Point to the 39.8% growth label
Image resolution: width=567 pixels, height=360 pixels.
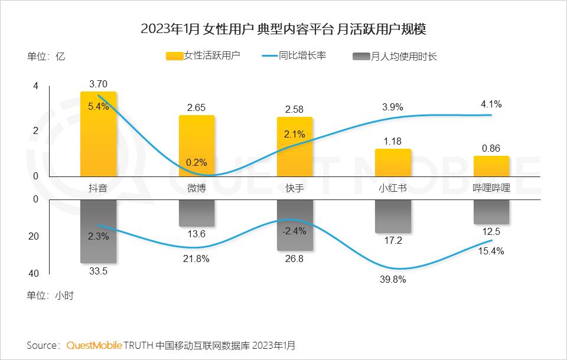[x=393, y=280]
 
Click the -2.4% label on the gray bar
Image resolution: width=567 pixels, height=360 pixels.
[x=295, y=231]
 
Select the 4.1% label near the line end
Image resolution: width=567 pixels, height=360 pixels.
[x=491, y=104]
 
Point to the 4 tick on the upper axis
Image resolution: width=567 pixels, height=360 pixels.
[x=35, y=86]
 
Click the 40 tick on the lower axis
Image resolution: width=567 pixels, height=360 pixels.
[x=34, y=274]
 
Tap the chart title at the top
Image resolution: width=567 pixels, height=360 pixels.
[x=283, y=29]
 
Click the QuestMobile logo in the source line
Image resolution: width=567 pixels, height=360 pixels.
[x=94, y=345]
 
